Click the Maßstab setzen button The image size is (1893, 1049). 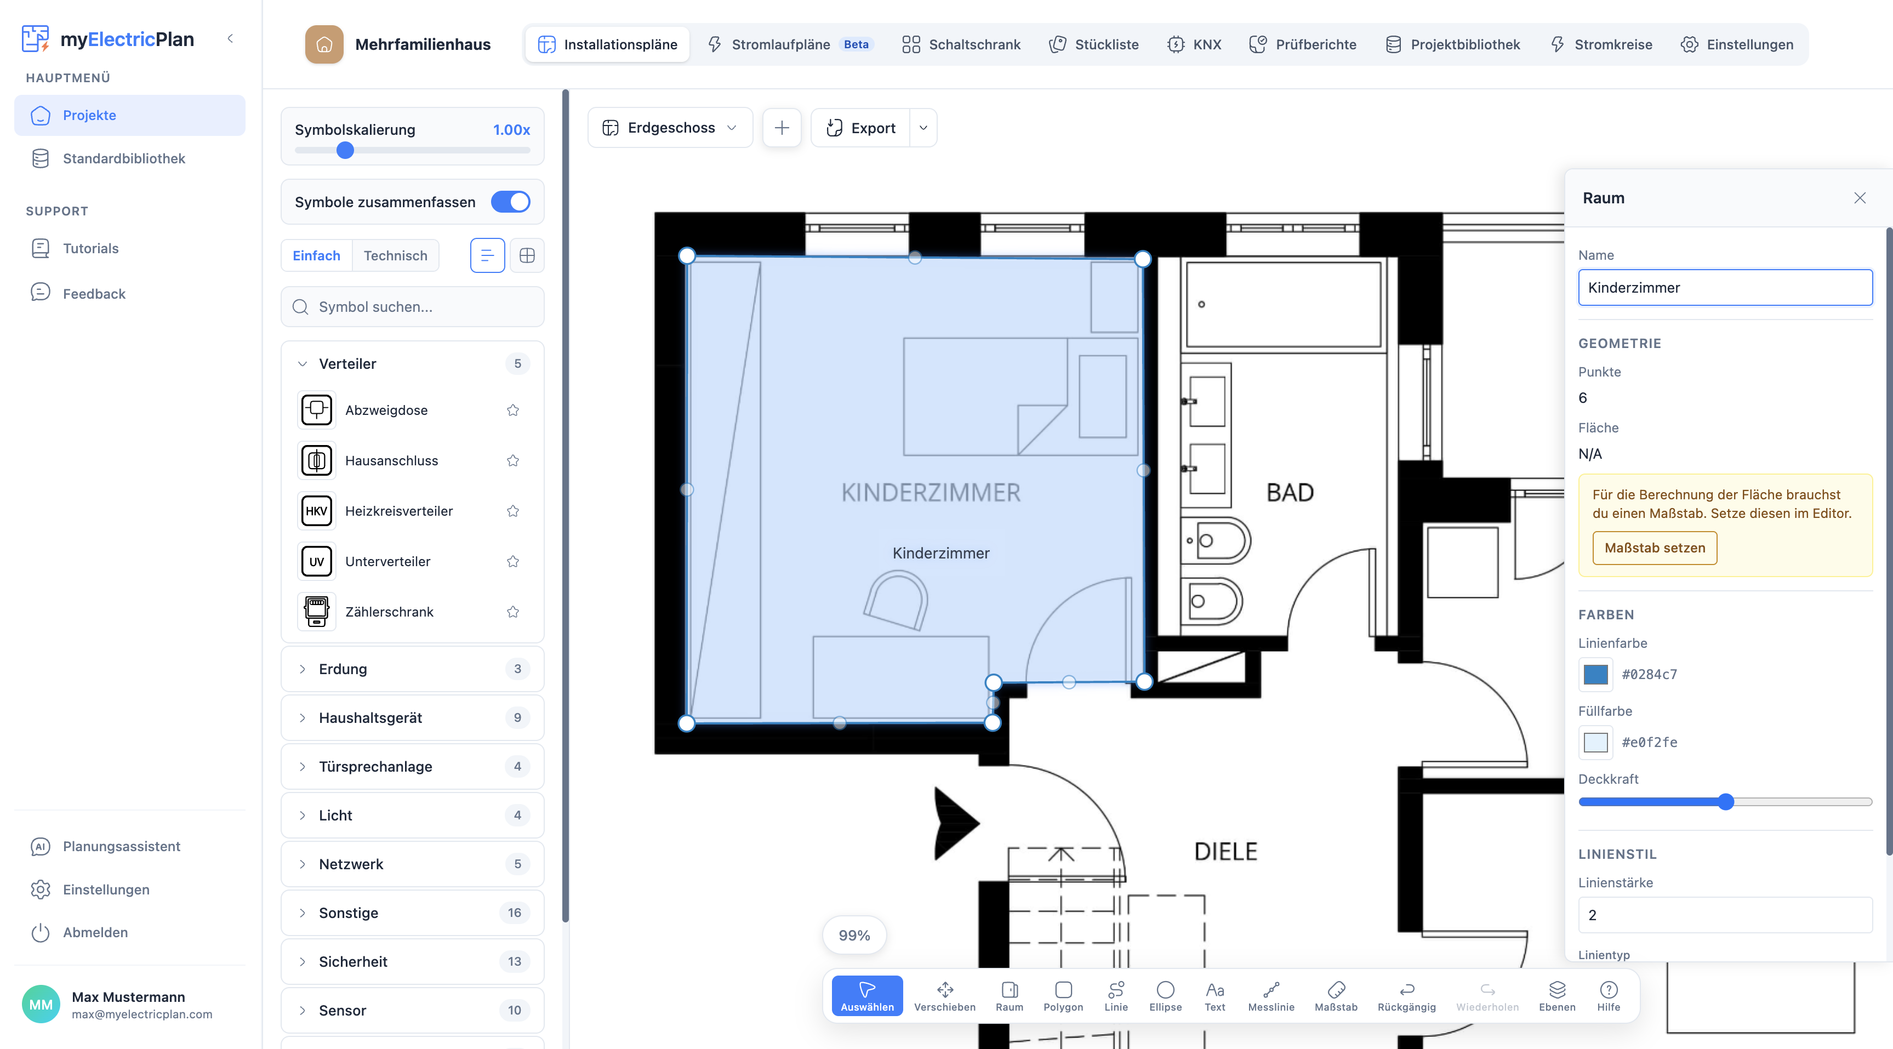1654,548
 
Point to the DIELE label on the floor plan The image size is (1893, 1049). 1225,851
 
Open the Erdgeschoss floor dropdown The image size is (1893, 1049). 670,128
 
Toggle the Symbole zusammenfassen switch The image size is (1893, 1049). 510,202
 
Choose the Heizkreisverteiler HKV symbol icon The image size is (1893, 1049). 317,511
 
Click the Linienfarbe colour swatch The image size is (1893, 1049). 1595,674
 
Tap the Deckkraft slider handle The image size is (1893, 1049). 1725,801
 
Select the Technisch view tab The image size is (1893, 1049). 395,255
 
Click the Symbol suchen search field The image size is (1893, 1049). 412,306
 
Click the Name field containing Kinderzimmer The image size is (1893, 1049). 1725,287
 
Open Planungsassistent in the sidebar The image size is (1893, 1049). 121,846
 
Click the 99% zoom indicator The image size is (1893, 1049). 854,935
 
